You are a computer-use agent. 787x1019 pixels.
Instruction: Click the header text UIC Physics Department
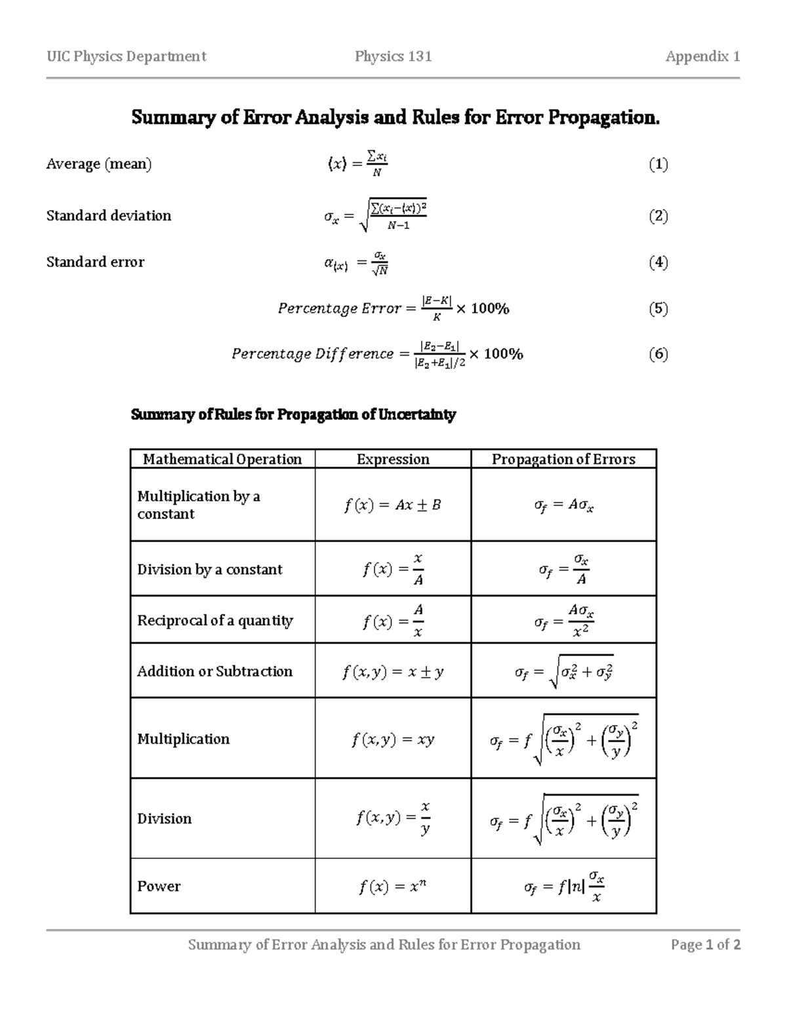pos(126,56)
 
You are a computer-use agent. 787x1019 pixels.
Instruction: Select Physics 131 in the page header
pos(393,56)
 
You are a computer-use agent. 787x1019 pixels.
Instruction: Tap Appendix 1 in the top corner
pos(702,56)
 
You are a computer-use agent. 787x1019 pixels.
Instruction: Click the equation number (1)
pos(658,164)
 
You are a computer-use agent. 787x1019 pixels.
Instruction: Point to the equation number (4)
pos(658,262)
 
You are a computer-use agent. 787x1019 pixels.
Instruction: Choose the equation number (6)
pos(658,354)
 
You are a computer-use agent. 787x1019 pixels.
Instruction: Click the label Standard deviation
pos(109,216)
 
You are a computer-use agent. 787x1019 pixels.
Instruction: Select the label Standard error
pos(95,262)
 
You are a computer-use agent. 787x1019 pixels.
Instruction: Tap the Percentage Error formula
pos(393,308)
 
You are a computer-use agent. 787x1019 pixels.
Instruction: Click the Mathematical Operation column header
pos(222,459)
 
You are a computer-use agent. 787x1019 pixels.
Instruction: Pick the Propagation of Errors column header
pos(563,459)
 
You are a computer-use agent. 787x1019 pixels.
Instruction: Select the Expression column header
pos(393,459)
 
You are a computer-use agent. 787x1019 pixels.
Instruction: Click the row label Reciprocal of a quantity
pos(215,620)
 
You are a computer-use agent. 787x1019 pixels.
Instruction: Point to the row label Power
pos(159,886)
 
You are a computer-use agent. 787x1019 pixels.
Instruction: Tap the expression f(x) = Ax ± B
pos(393,505)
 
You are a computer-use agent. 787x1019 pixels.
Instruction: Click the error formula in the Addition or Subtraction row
pos(563,672)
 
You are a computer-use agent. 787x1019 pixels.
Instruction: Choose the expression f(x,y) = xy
pos(393,739)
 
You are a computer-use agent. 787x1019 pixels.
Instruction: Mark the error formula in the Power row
pos(563,886)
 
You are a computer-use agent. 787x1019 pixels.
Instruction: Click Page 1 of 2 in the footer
pos(706,945)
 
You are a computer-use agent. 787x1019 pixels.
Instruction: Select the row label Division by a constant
pos(210,570)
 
